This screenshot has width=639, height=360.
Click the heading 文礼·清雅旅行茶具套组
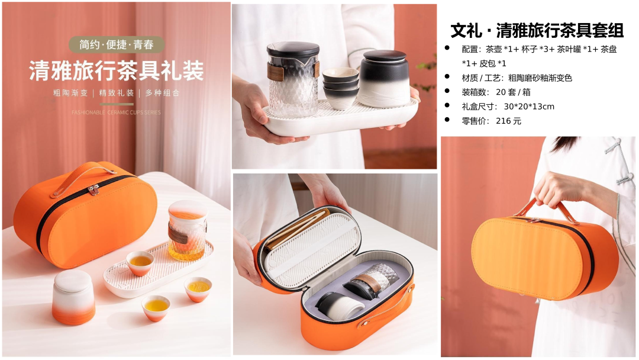click(537, 30)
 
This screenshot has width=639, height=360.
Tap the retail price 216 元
click(508, 121)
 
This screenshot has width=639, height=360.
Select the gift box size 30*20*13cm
click(529, 107)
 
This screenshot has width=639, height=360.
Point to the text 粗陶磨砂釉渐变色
click(540, 78)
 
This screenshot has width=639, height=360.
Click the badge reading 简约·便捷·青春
click(117, 44)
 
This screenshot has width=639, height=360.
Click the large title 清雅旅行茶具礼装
click(117, 70)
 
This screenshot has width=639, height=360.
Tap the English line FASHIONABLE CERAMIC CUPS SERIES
click(116, 112)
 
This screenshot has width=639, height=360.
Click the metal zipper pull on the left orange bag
click(94, 189)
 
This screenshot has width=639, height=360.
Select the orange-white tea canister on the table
click(73, 297)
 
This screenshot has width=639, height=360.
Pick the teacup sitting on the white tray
click(140, 263)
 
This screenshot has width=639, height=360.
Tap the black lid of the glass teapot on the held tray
click(293, 49)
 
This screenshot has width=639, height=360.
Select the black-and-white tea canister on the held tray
click(385, 78)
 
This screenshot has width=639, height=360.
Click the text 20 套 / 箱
click(513, 92)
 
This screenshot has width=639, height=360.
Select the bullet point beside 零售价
click(447, 120)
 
